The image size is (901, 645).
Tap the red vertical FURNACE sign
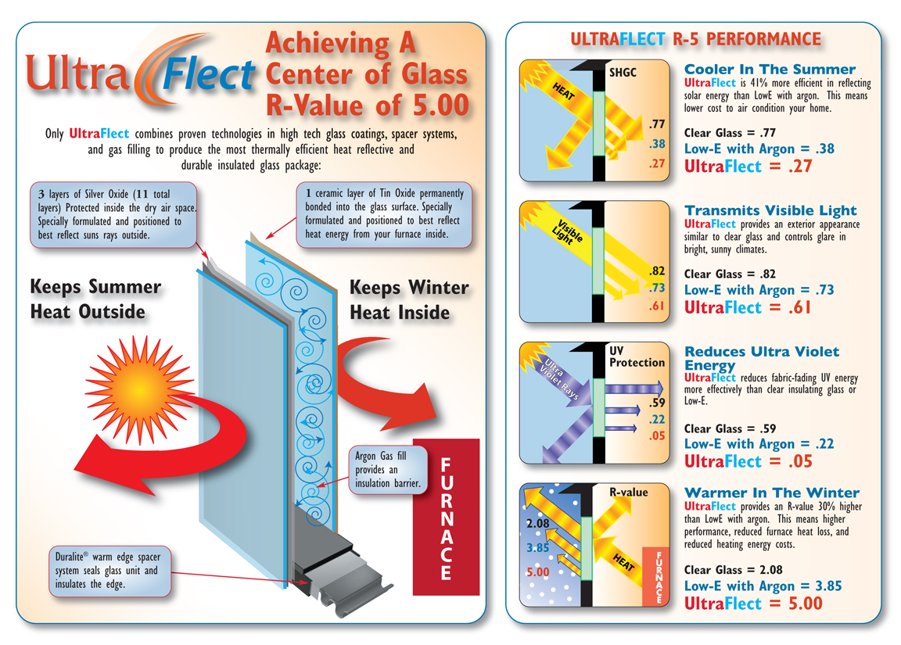click(447, 517)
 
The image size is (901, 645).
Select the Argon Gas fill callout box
click(388, 469)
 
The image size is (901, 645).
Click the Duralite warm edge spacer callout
click(109, 570)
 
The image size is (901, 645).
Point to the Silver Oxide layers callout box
click(113, 215)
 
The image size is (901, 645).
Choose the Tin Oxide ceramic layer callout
click(384, 214)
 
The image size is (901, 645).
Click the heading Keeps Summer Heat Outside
click(95, 299)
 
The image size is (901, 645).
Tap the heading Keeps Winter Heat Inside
click(409, 299)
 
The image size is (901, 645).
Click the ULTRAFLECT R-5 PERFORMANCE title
click(696, 39)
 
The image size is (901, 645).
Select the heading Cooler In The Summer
click(770, 70)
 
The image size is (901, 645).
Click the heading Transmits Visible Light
click(770, 210)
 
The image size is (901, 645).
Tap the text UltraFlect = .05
click(748, 461)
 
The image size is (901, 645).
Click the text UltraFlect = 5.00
click(753, 603)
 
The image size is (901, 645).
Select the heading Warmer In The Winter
click(772, 493)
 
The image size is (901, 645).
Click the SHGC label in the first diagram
click(623, 73)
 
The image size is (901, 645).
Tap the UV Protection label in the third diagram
click(637, 357)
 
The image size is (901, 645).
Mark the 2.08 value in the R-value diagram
click(538, 523)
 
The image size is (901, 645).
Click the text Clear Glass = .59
click(730, 428)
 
